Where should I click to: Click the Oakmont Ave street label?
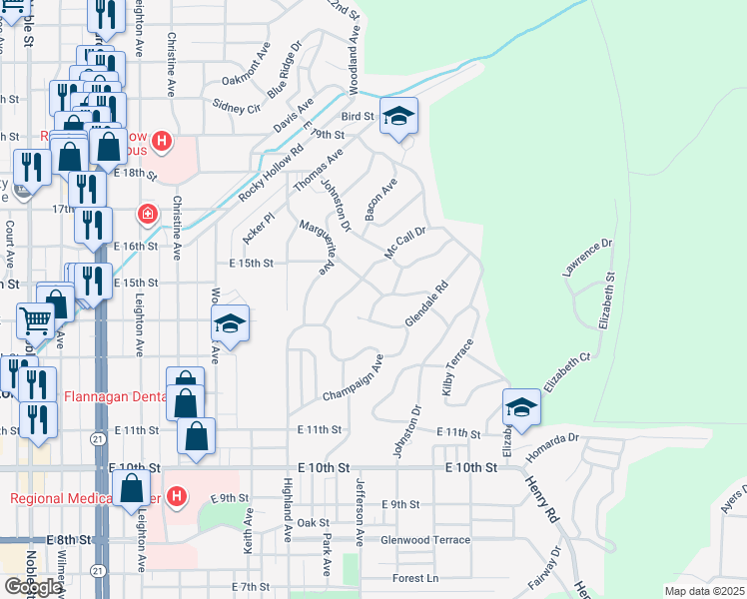click(246, 67)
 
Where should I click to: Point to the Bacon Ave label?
click(381, 200)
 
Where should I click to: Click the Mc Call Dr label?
click(405, 243)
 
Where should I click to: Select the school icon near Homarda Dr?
click(521, 407)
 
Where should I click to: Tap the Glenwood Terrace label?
click(424, 540)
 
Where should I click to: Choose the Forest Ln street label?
click(415, 578)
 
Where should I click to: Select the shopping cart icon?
click(36, 320)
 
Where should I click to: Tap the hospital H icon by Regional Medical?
click(177, 495)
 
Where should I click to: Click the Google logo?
click(33, 587)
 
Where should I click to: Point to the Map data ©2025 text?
click(704, 591)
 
